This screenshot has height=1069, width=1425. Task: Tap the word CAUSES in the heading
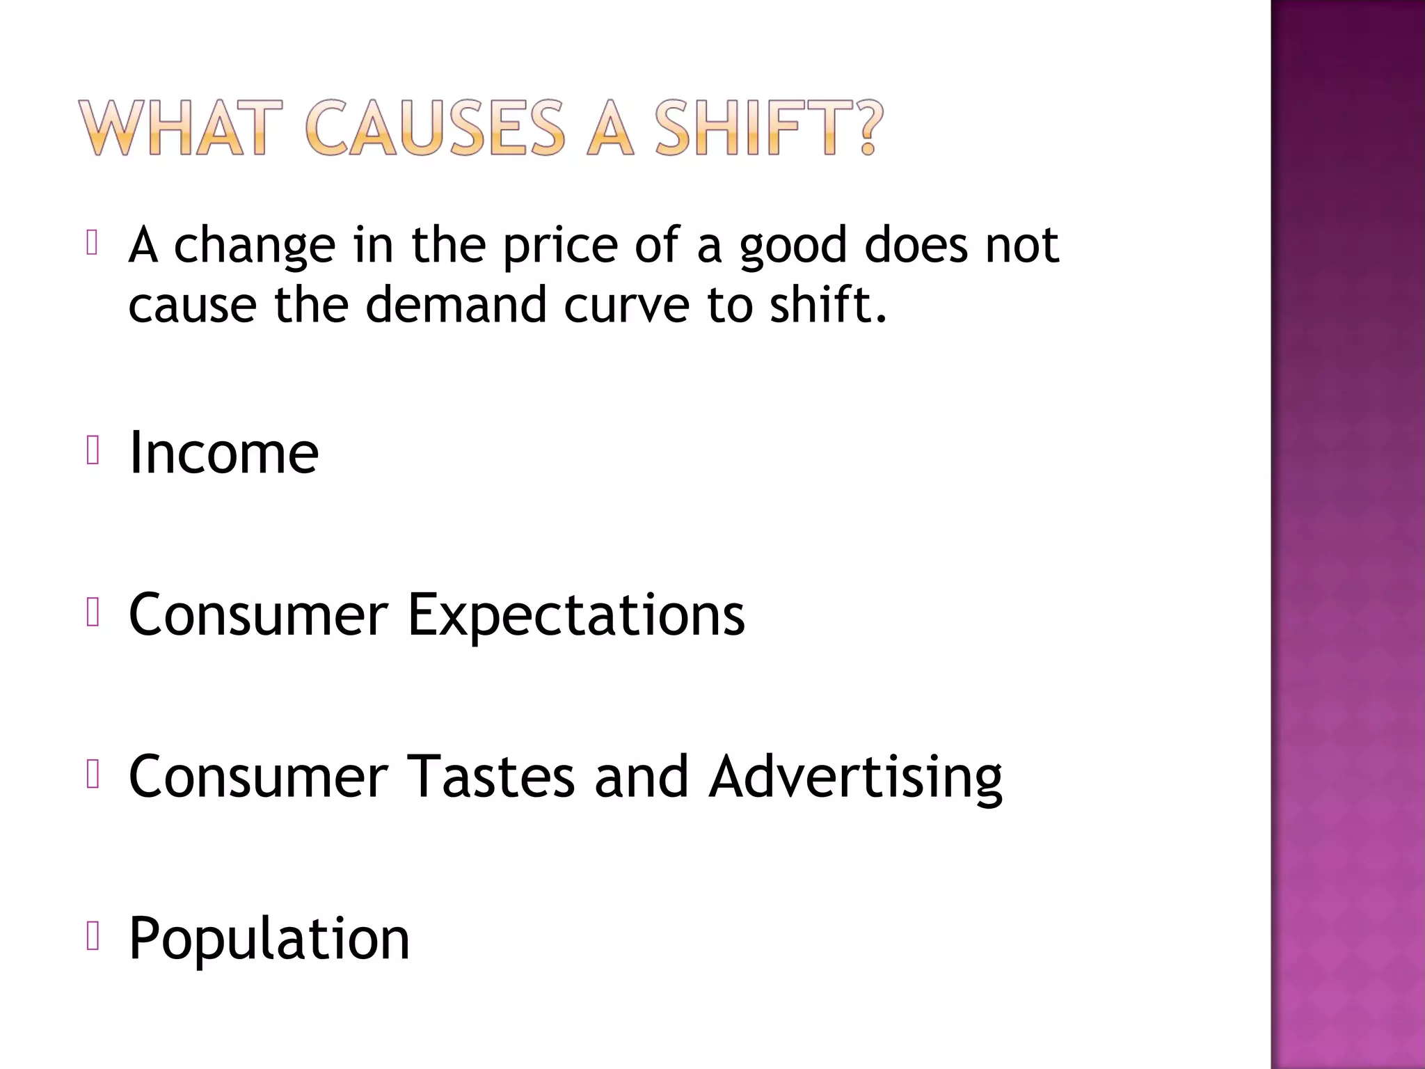click(435, 128)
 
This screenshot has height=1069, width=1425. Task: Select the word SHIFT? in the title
click(768, 128)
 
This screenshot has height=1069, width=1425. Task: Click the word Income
click(224, 453)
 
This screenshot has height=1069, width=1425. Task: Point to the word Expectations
click(575, 615)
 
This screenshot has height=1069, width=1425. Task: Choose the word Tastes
click(491, 777)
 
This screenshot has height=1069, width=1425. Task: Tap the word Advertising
click(855, 778)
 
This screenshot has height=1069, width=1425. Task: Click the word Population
click(269, 940)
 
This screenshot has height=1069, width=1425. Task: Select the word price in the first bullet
click(560, 246)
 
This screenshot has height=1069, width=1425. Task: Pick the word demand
click(456, 306)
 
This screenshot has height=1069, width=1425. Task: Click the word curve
click(626, 307)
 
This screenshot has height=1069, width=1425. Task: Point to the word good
click(793, 248)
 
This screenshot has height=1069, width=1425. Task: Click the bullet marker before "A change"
click(92, 243)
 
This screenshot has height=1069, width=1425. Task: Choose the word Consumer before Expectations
click(258, 615)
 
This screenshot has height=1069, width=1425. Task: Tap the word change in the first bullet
click(254, 246)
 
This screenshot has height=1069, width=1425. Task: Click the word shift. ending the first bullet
click(828, 306)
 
